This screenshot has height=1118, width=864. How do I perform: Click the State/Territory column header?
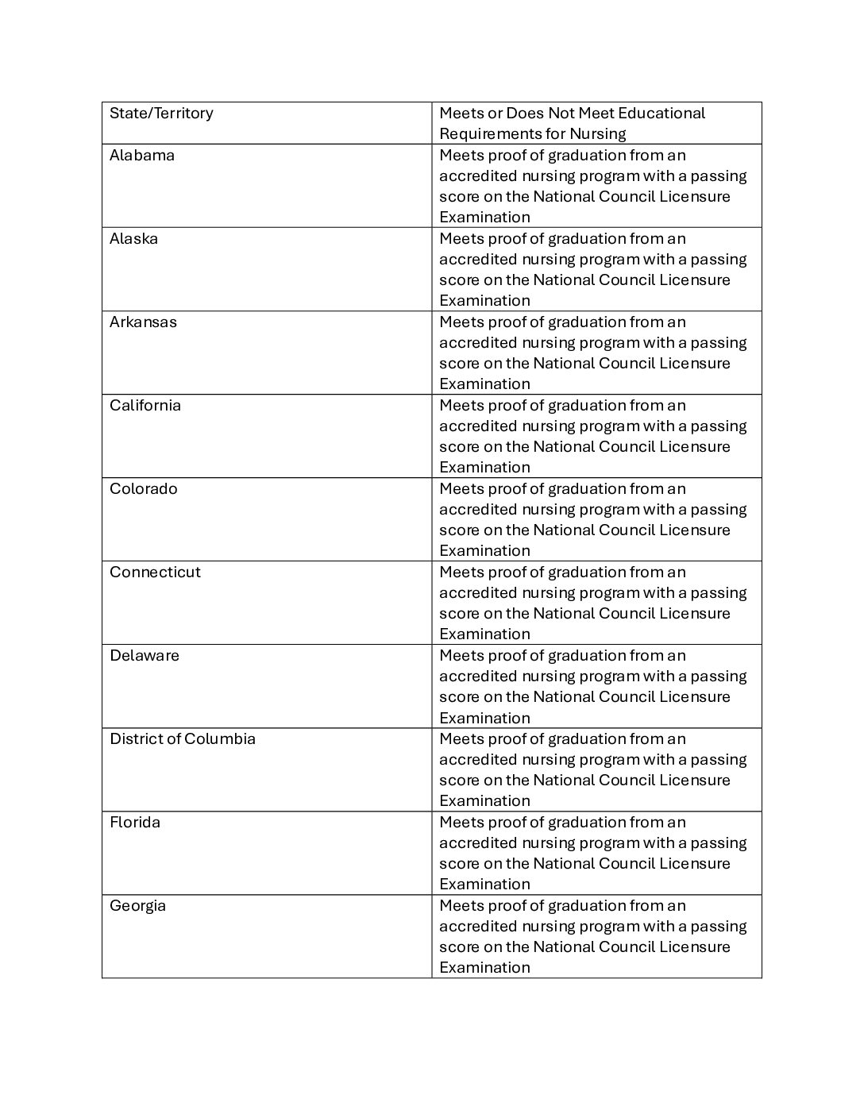[161, 113]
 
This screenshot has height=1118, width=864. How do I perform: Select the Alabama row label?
[142, 155]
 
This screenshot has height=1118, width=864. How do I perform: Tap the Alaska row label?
[133, 238]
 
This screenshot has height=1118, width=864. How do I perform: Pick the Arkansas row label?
[143, 322]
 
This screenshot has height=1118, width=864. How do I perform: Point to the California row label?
[145, 405]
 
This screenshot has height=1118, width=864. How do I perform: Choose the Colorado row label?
[144, 488]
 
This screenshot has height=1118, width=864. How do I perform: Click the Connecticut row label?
[155, 572]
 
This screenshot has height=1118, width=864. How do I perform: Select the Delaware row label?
[145, 655]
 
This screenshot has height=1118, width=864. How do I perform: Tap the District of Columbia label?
[183, 738]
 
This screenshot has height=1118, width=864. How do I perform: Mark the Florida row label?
[135, 822]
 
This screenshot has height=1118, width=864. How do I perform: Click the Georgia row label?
[137, 905]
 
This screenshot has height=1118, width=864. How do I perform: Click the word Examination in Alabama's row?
[484, 217]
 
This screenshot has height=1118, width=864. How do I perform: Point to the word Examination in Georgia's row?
[484, 967]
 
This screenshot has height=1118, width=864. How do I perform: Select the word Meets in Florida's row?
[461, 822]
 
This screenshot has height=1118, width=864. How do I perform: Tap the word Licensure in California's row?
[696, 446]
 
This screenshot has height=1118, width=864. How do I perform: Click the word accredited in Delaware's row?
[477, 676]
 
